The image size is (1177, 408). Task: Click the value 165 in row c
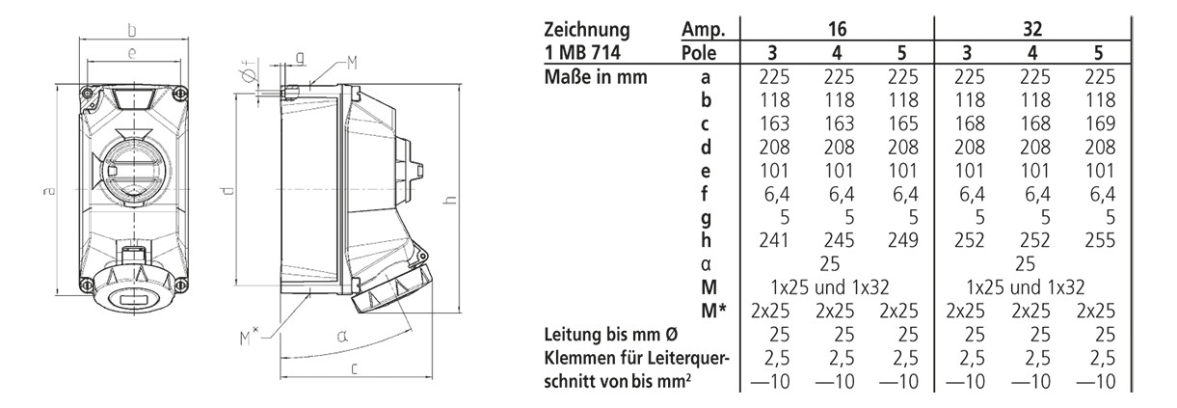(900, 123)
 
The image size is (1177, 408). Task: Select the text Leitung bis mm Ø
(609, 335)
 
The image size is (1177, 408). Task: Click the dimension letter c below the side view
(355, 368)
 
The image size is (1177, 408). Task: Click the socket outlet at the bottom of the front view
(130, 289)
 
